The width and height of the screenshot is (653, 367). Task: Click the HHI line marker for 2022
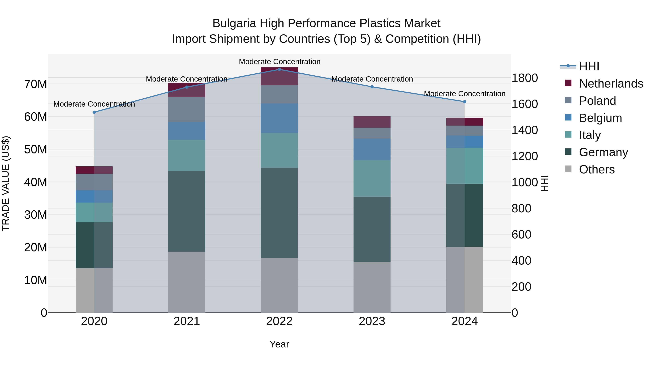pyautogui.click(x=279, y=69)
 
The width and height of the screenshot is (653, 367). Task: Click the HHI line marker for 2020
pyautogui.click(x=94, y=112)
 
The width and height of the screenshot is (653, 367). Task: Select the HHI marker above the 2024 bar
pyautogui.click(x=465, y=101)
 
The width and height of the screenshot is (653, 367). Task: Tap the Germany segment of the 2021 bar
pyautogui.click(x=187, y=211)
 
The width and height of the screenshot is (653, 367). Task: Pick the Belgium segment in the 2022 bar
pyautogui.click(x=279, y=118)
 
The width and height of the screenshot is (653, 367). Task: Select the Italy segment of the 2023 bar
pyautogui.click(x=372, y=178)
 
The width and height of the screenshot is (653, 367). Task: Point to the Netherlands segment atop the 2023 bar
pyautogui.click(x=372, y=122)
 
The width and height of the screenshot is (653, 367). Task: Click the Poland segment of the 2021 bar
pyautogui.click(x=187, y=109)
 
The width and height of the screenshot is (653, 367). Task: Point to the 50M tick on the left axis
pyautogui.click(x=36, y=150)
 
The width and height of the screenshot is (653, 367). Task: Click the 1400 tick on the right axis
pyautogui.click(x=524, y=130)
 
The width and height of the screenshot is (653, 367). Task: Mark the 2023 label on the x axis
pyautogui.click(x=372, y=321)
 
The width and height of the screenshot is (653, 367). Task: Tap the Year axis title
pyautogui.click(x=279, y=344)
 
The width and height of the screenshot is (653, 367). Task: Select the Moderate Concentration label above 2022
pyautogui.click(x=280, y=62)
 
